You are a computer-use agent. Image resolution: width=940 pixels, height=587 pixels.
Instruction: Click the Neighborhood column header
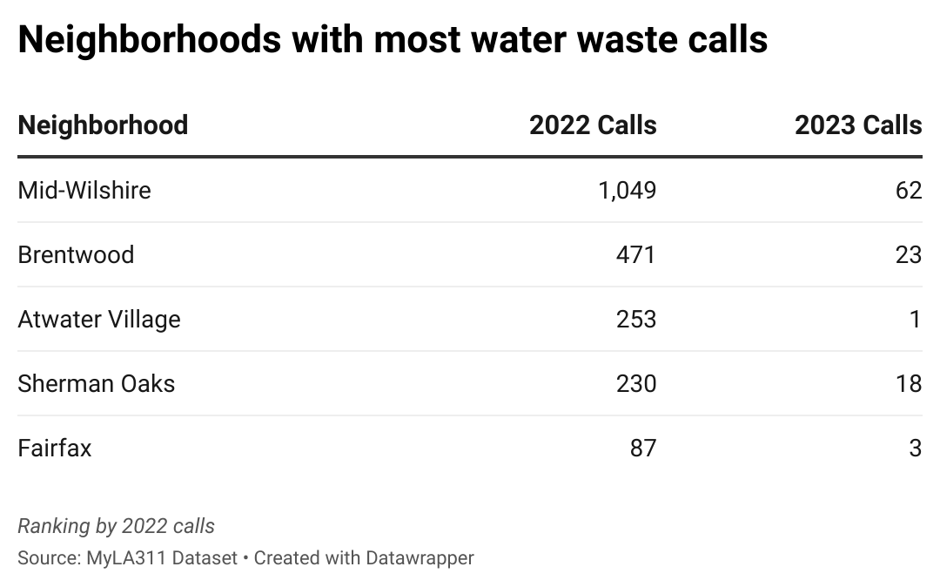pyautogui.click(x=103, y=125)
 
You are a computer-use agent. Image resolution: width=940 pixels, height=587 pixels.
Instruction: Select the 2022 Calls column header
pyautogui.click(x=593, y=125)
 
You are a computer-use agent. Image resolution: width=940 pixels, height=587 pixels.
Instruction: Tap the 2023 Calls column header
pyautogui.click(x=857, y=125)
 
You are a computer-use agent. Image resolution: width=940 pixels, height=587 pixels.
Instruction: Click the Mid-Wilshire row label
pyautogui.click(x=84, y=190)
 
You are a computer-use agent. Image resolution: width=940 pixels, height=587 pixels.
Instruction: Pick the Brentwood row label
pyautogui.click(x=76, y=254)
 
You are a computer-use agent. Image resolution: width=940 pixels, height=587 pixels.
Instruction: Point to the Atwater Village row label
pyautogui.click(x=99, y=319)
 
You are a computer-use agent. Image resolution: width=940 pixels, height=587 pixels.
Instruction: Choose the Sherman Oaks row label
pyautogui.click(x=96, y=383)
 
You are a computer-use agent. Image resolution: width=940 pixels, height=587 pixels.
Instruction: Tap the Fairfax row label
pyautogui.click(x=54, y=448)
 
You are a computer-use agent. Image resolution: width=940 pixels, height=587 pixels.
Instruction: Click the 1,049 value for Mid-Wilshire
pyautogui.click(x=627, y=190)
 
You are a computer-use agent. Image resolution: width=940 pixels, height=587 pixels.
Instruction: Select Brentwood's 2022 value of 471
pyautogui.click(x=636, y=254)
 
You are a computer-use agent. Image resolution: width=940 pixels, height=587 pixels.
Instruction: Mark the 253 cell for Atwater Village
pyautogui.click(x=636, y=319)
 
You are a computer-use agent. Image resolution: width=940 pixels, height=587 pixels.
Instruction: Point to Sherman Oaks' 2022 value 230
pyautogui.click(x=636, y=383)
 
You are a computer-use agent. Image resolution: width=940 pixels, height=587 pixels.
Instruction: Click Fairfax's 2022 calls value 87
pyautogui.click(x=643, y=448)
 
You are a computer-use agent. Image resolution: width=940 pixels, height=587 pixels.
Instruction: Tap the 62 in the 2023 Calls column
pyautogui.click(x=909, y=190)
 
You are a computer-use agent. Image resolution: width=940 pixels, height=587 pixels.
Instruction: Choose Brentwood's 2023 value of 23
pyautogui.click(x=909, y=254)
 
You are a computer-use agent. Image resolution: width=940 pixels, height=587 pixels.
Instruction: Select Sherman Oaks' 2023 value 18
pyautogui.click(x=909, y=383)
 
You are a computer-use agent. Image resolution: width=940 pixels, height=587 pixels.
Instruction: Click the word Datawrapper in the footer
pyautogui.click(x=420, y=558)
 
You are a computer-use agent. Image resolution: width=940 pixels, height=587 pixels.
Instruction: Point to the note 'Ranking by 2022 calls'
pyautogui.click(x=116, y=526)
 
